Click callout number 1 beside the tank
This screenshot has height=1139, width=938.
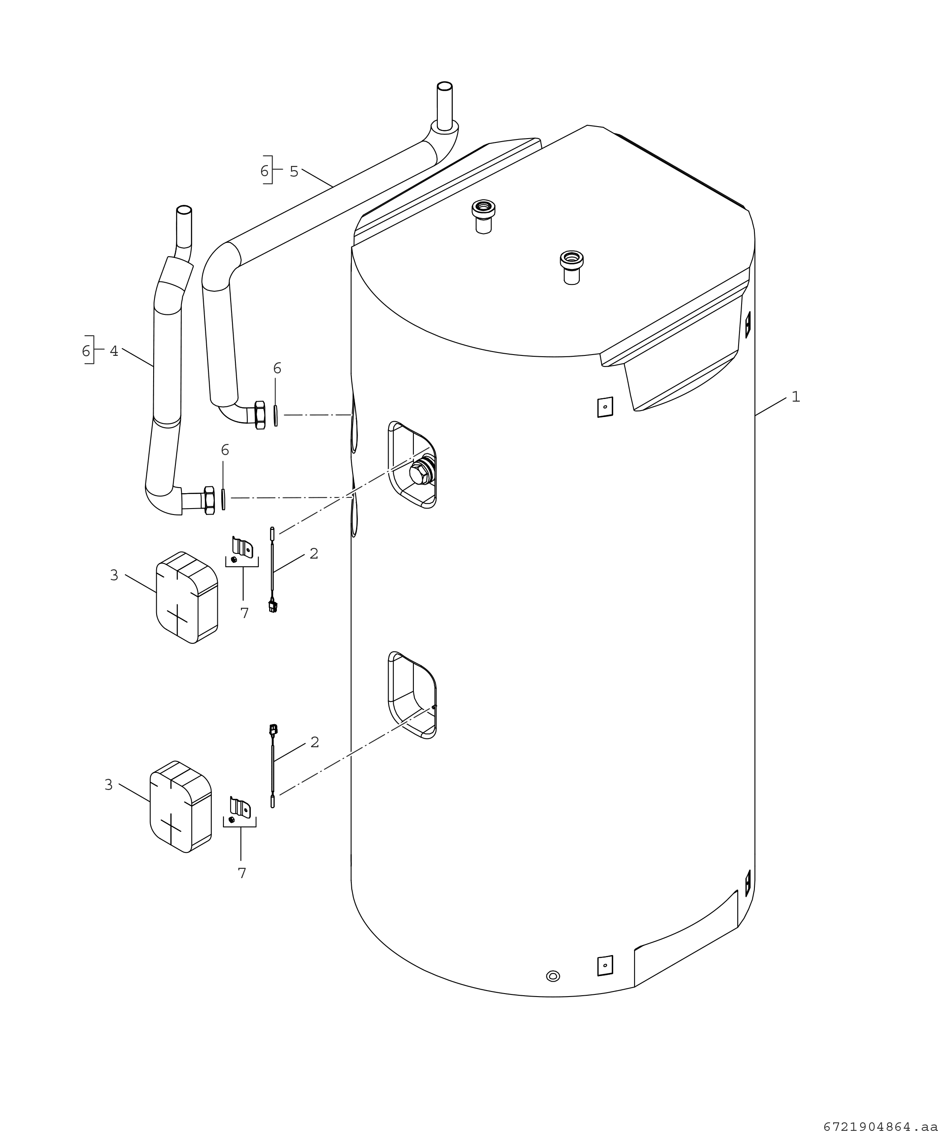796,397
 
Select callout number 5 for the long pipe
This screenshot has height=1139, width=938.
294,172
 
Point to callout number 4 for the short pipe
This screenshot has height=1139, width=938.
114,352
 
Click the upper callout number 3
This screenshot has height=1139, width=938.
114,576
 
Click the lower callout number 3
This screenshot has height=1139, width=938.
109,785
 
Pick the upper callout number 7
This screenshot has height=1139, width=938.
245,613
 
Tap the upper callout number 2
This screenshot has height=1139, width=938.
314,553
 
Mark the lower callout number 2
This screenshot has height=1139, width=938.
315,743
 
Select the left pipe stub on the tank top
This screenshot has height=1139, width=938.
484,216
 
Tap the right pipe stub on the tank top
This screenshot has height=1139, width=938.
572,267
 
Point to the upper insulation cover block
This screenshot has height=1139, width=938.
187,598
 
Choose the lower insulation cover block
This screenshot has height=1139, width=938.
181,806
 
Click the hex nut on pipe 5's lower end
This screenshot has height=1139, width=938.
260,415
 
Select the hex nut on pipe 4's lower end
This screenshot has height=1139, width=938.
210,500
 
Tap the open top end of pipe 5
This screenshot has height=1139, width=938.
445,86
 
